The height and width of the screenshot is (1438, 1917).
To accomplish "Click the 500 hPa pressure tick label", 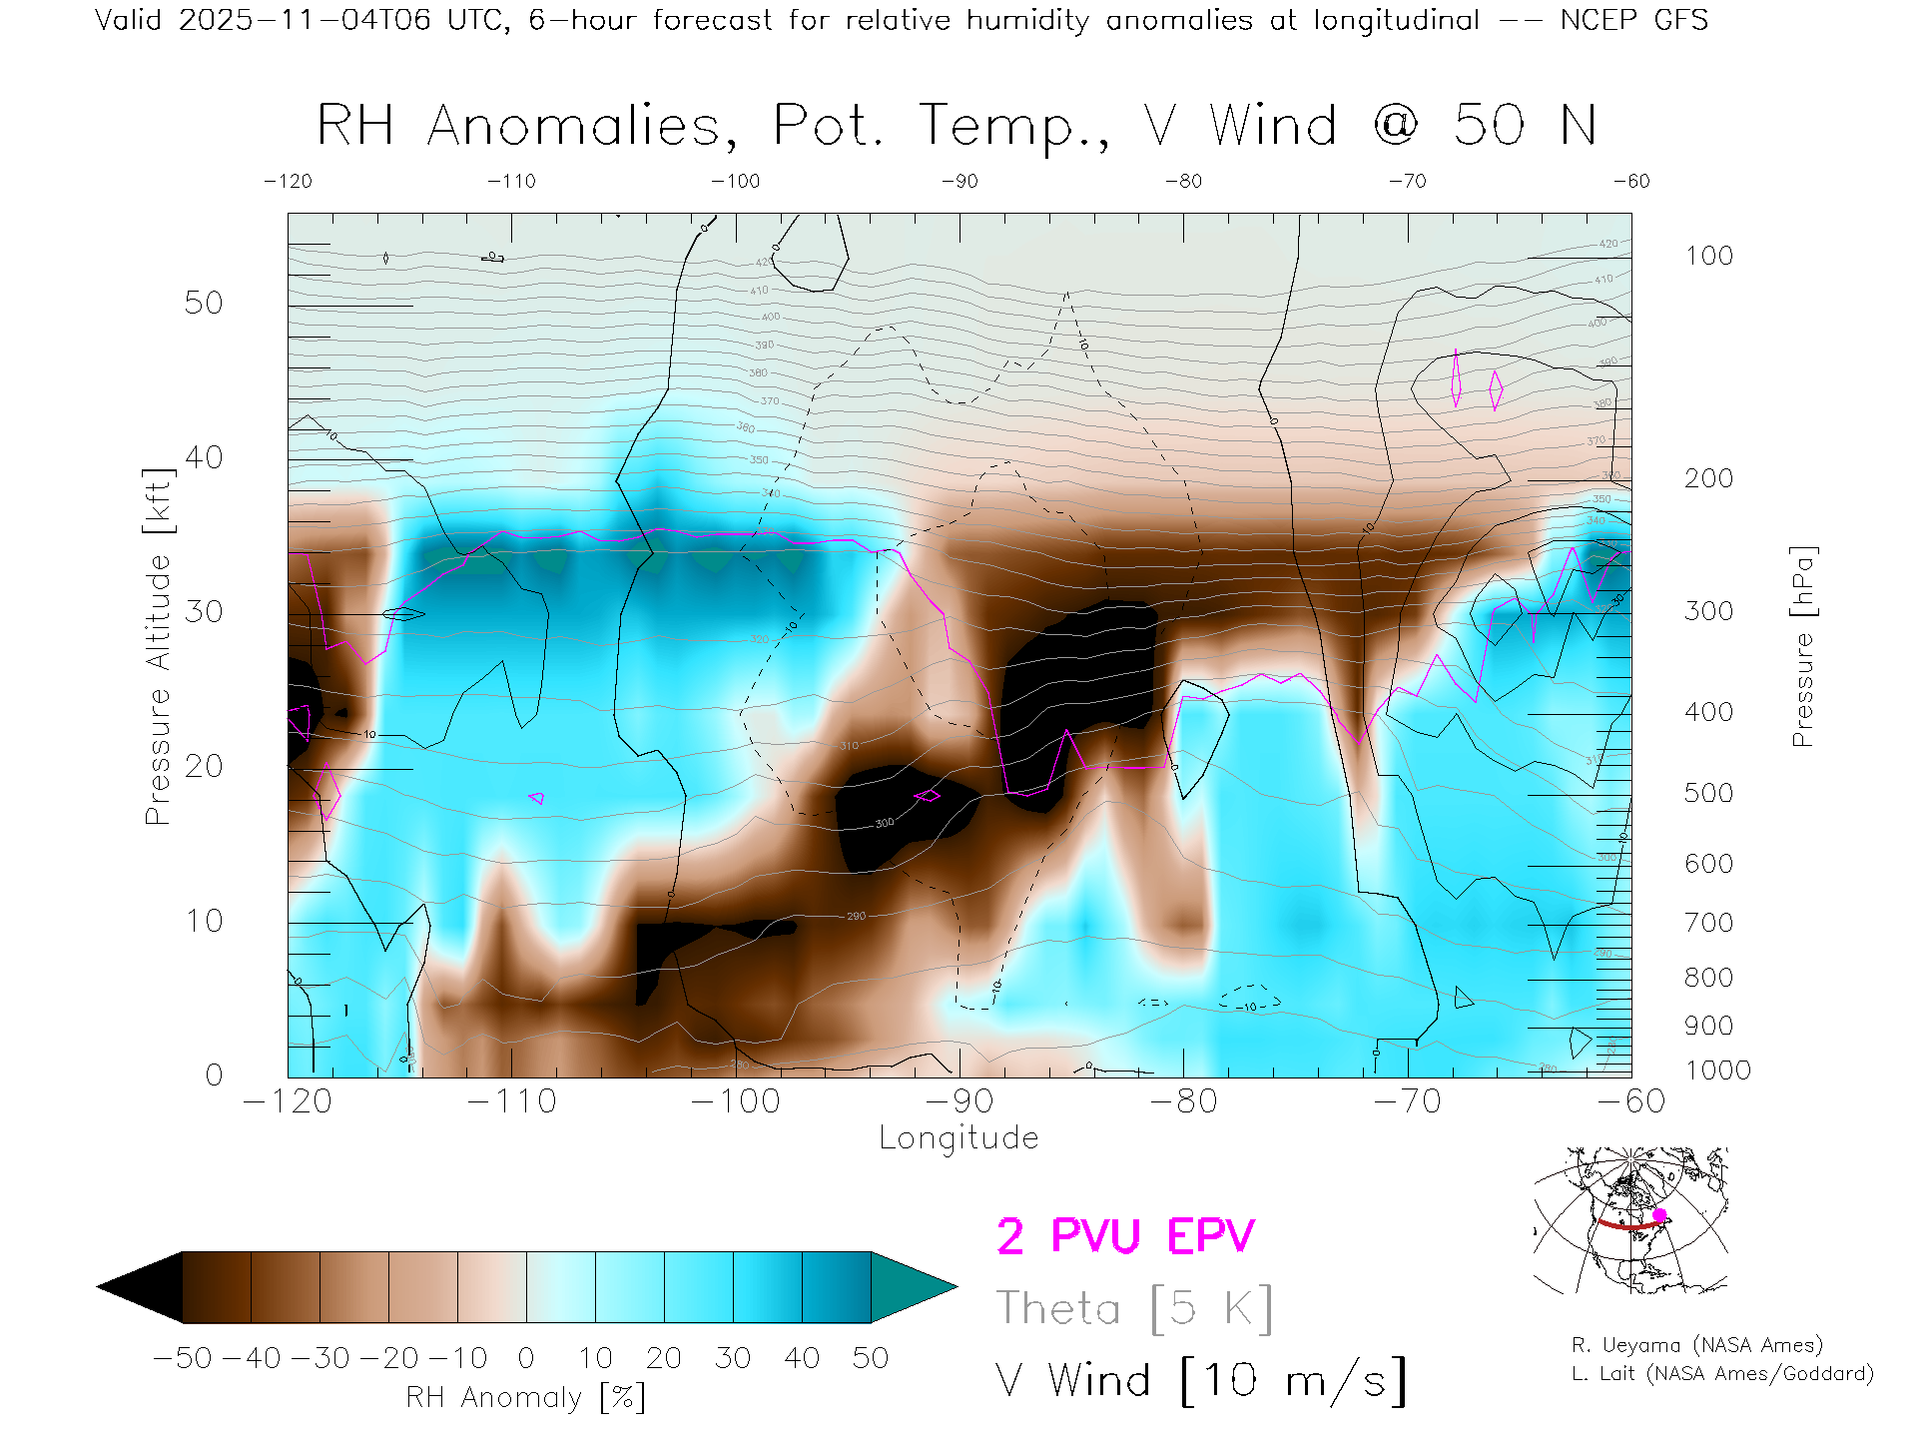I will [x=1708, y=793].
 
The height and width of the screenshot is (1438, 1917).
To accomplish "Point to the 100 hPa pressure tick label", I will [x=1708, y=256].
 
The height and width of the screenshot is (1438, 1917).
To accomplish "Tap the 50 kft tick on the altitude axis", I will [x=203, y=303].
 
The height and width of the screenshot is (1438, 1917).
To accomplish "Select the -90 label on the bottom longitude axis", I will [x=959, y=1101].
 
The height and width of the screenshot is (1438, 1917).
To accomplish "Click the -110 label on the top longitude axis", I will [x=512, y=181].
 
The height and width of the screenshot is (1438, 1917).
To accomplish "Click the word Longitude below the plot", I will [x=958, y=1138].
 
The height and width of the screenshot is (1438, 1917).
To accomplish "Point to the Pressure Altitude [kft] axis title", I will [x=158, y=646].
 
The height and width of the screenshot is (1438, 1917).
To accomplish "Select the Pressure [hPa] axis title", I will [x=1802, y=646].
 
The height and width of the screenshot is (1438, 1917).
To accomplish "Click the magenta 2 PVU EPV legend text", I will [x=1125, y=1236].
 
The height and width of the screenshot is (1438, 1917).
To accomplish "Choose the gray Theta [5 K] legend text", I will [x=1134, y=1308].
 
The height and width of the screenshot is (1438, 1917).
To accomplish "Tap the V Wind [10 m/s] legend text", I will [x=1201, y=1381].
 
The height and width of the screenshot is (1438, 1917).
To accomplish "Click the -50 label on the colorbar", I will [x=182, y=1358].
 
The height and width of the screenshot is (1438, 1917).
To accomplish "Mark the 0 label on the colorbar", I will [x=526, y=1358].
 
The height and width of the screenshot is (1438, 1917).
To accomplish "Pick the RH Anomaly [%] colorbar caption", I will [x=526, y=1398].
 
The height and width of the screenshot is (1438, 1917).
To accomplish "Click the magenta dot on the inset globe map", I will [x=1659, y=1215].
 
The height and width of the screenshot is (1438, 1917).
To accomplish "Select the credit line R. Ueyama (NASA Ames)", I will [x=1697, y=1345].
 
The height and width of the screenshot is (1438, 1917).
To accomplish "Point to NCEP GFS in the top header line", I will [x=1633, y=20].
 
